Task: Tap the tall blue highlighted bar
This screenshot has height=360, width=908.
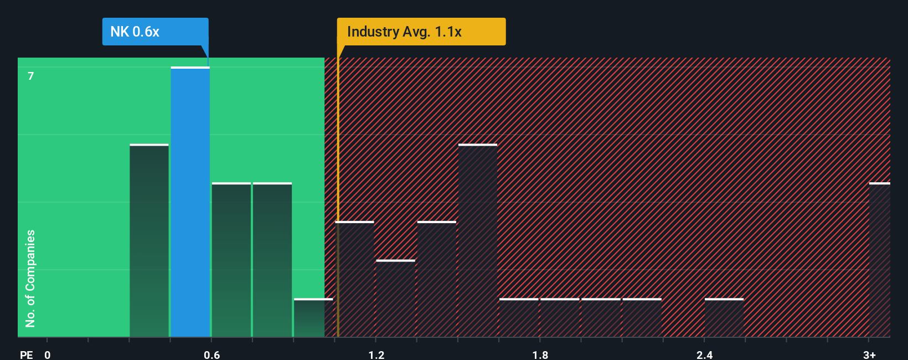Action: click(190, 202)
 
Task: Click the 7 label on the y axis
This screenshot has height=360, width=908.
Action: click(31, 76)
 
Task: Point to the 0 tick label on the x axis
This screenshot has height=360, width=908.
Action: click(48, 354)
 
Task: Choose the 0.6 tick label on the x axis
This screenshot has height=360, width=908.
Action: click(211, 354)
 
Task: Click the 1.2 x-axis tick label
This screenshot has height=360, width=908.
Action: click(376, 354)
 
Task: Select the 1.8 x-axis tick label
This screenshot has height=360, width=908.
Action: click(540, 354)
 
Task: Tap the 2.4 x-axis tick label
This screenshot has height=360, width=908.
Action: click(704, 354)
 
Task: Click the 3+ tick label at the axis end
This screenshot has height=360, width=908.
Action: click(869, 354)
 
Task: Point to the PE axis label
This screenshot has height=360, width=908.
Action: click(26, 354)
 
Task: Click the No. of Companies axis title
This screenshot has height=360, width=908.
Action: click(30, 278)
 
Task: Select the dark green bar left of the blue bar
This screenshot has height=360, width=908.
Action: click(149, 241)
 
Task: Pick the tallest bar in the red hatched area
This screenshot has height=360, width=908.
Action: click(478, 241)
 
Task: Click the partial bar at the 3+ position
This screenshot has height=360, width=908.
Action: click(880, 260)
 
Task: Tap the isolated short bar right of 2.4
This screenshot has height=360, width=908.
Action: click(724, 318)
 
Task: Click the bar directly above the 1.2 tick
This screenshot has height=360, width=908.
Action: click(395, 299)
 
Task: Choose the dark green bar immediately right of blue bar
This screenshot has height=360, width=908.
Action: click(231, 260)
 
